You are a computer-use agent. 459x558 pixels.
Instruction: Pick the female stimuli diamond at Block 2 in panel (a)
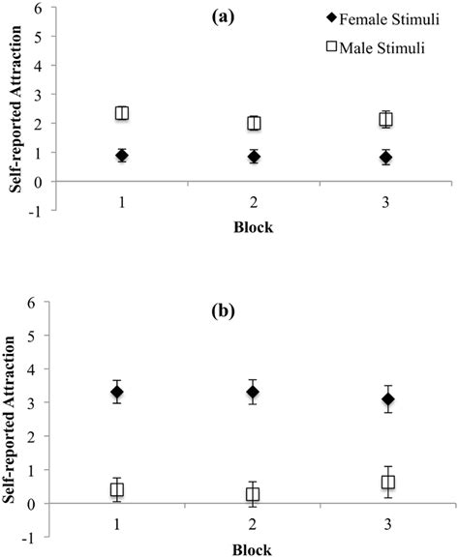tap(254, 157)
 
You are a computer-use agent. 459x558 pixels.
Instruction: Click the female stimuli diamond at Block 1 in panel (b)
tap(116, 392)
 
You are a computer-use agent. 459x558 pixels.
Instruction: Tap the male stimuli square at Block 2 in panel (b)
tap(253, 494)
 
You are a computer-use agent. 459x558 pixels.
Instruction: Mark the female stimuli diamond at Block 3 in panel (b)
tap(388, 398)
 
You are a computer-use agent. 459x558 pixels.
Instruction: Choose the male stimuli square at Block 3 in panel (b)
tap(388, 482)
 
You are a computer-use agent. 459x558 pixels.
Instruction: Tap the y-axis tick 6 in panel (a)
tap(37, 10)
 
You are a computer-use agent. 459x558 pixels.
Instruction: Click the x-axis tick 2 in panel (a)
tap(254, 206)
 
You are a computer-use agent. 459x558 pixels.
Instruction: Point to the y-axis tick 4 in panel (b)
tap(37, 369)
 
